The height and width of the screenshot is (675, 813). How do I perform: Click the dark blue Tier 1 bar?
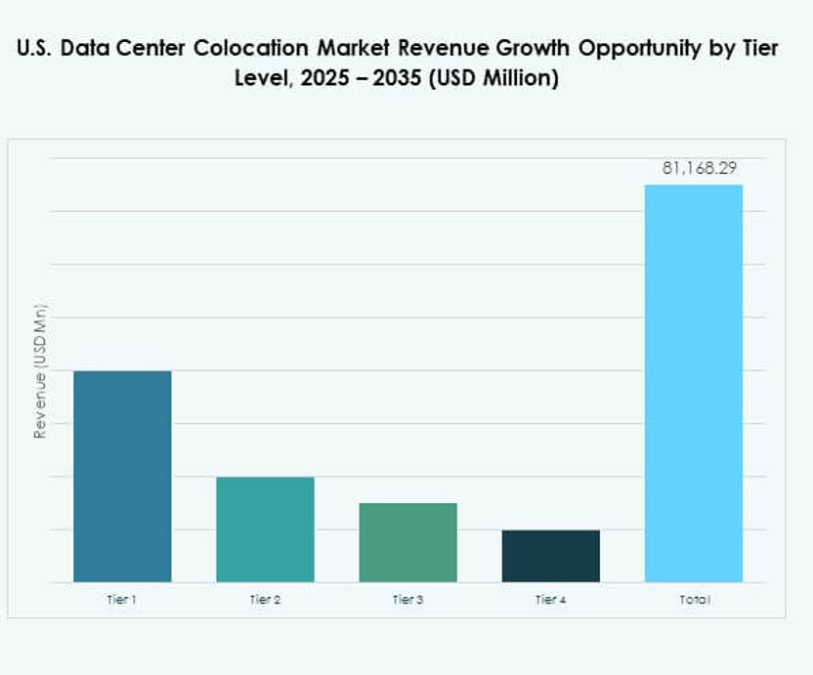[x=122, y=476]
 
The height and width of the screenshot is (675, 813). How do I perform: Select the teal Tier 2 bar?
[x=265, y=528]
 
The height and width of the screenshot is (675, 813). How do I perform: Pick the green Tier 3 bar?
[x=407, y=542]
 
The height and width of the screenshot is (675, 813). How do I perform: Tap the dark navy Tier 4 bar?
[x=550, y=556]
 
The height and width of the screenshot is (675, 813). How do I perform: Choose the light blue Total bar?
[x=693, y=383]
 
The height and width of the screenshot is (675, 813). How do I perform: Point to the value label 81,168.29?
[x=699, y=168]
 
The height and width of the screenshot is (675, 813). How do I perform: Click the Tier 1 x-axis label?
[x=122, y=599]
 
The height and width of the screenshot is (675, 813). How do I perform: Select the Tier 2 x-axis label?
[x=265, y=599]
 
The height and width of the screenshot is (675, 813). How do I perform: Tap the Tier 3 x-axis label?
[x=407, y=599]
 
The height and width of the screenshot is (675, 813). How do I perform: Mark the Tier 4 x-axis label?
[x=550, y=599]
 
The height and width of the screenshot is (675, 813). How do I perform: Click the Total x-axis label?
[x=694, y=599]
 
